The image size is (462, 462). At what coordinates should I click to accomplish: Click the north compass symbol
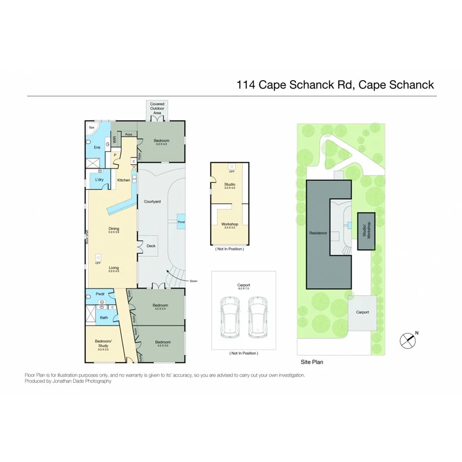pyautogui.click(x=407, y=340)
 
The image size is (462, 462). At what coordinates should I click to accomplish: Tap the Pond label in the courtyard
pyautogui.click(x=181, y=222)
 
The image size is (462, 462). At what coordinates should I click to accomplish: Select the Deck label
pyautogui.click(x=151, y=246)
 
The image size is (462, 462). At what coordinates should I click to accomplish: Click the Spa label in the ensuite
pyautogui.click(x=92, y=127)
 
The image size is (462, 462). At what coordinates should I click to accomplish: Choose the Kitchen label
pyautogui.click(x=124, y=180)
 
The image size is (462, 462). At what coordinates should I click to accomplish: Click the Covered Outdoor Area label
pyautogui.click(x=157, y=108)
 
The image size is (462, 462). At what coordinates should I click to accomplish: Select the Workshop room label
pyautogui.click(x=229, y=224)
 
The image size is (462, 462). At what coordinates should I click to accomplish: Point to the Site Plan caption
pyautogui.click(x=312, y=362)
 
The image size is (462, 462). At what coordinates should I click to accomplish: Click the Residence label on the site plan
pyautogui.click(x=318, y=233)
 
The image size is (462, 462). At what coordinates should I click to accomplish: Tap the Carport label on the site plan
pyautogui.click(x=362, y=312)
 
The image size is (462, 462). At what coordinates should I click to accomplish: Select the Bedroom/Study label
pyautogui.click(x=105, y=342)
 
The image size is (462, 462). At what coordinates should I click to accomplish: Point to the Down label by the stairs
pyautogui.click(x=193, y=281)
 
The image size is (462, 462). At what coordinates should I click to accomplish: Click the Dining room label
pyautogui.click(x=113, y=228)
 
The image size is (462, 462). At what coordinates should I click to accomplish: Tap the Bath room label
pyautogui.click(x=104, y=318)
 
